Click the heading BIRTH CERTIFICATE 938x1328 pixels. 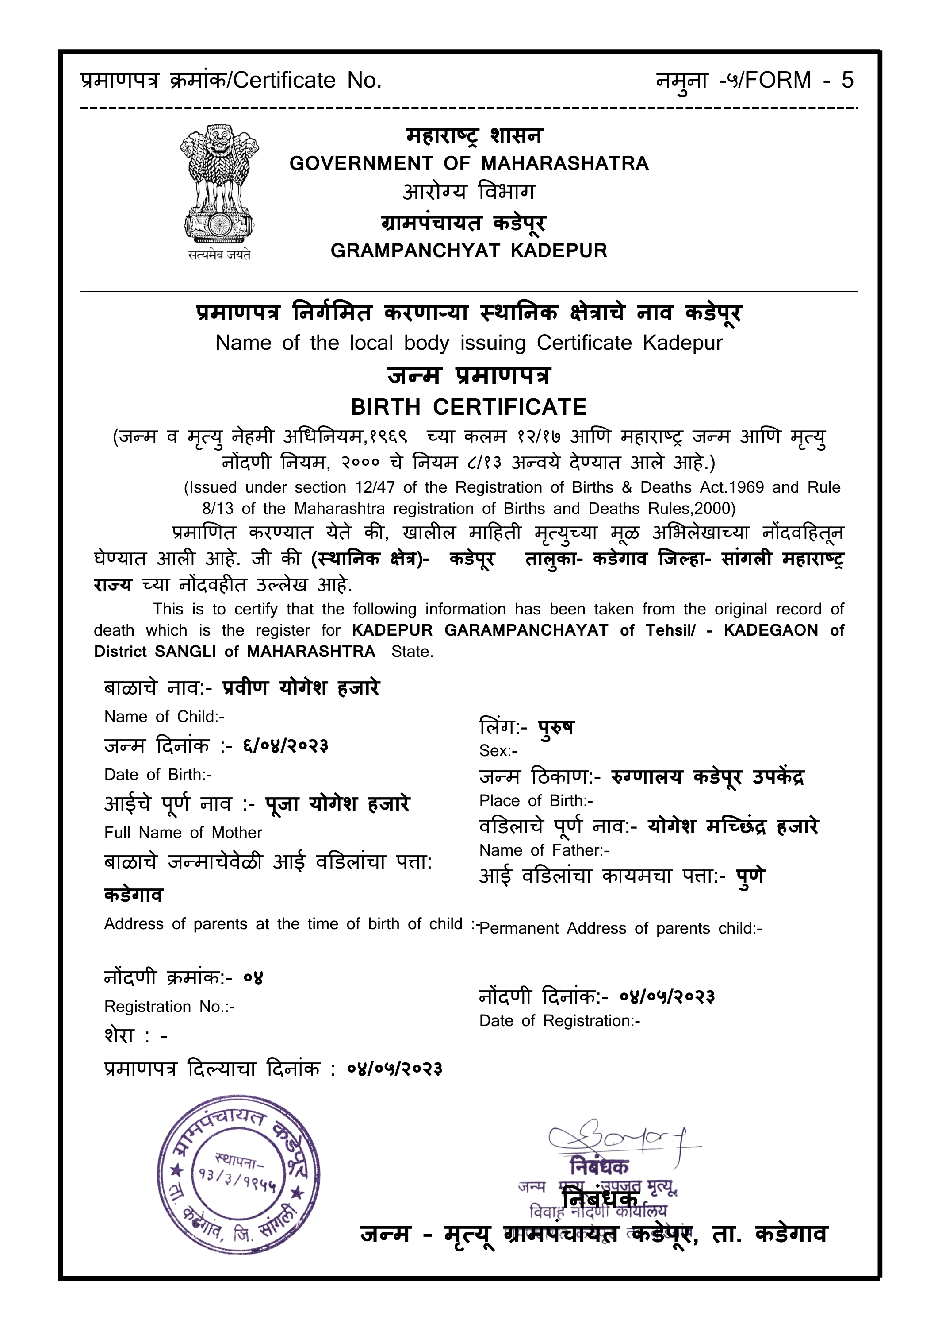469,407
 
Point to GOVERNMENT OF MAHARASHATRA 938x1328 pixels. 469,164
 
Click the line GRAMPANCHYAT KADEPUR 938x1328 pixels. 469,251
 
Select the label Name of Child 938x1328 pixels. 164,717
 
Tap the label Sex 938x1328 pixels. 498,751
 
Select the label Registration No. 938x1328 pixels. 169,1007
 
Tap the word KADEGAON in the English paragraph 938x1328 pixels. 770,630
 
